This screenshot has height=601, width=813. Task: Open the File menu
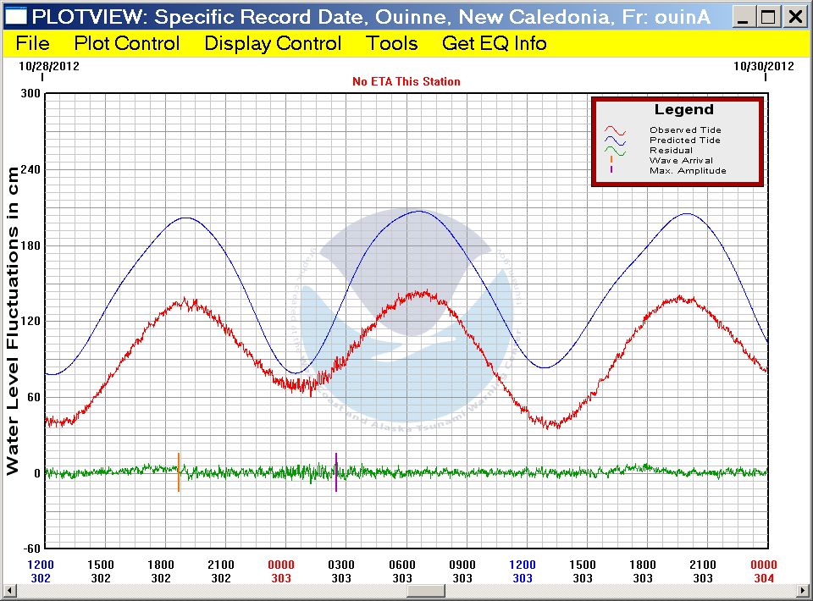[33, 43]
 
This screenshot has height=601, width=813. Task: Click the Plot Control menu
[127, 43]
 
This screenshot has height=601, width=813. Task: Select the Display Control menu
[273, 43]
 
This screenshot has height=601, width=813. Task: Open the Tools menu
[392, 43]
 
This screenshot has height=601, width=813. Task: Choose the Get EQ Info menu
[495, 43]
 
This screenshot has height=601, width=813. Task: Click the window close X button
[794, 16]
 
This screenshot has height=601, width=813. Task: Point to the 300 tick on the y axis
[30, 94]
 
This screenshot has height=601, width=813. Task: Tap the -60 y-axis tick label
[30, 549]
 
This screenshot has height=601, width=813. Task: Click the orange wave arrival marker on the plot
[179, 472]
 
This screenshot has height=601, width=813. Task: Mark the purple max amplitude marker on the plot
[336, 472]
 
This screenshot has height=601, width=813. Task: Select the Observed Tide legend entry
[685, 130]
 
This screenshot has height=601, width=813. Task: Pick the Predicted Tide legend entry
[685, 141]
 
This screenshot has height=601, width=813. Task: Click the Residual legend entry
[671, 151]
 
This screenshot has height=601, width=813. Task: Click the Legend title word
[683, 110]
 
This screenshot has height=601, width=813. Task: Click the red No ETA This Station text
[406, 81]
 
